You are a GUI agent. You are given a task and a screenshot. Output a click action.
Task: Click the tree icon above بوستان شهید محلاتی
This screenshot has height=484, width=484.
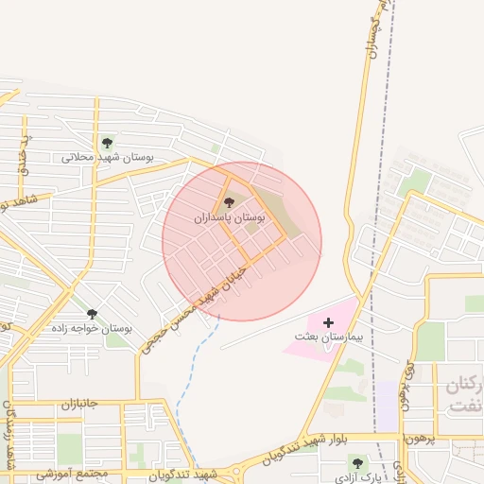[x=107, y=143]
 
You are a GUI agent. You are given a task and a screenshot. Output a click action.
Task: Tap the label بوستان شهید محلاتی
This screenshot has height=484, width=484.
[x=107, y=158]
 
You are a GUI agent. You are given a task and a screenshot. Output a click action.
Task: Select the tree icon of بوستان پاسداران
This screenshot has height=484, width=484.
[x=229, y=201]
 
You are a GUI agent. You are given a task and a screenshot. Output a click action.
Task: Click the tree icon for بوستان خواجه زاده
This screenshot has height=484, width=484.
[x=92, y=314]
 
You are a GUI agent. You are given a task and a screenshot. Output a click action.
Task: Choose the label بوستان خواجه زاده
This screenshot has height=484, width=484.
[x=92, y=329]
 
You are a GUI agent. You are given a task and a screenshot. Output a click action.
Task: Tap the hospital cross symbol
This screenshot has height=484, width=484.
[x=328, y=322]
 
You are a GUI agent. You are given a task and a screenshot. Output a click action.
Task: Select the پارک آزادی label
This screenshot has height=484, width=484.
[x=356, y=475]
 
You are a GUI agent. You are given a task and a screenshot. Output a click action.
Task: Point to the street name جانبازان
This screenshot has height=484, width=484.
[x=66, y=403]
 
